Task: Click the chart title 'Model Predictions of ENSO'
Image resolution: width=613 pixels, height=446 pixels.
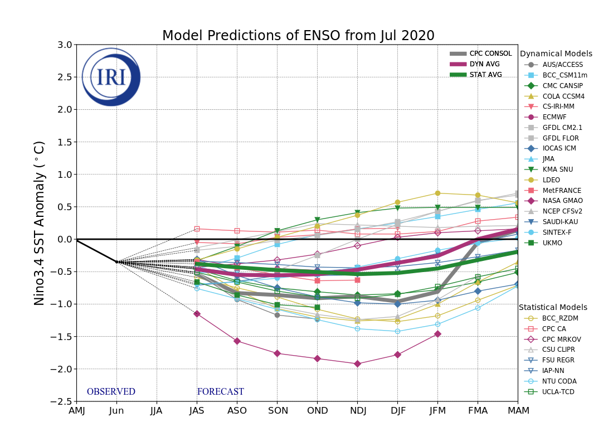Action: [x=298, y=36]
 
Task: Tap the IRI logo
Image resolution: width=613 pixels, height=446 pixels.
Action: [x=111, y=77]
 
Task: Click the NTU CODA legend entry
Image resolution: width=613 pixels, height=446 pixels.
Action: [x=559, y=381]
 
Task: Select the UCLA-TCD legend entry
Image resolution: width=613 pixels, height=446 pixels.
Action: [x=558, y=392]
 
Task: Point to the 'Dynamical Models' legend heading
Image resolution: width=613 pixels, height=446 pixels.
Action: [x=556, y=54]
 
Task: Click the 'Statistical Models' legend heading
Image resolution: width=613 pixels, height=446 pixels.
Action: [x=553, y=307]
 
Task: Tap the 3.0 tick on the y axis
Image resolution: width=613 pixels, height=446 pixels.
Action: [x=65, y=45]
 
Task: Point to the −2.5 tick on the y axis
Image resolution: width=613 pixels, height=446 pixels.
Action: [x=62, y=401]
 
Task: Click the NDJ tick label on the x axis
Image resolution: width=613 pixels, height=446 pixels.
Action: [x=357, y=411]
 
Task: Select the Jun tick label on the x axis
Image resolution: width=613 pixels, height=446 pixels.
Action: [x=116, y=411]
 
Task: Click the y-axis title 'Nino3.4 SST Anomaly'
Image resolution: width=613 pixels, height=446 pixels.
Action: [x=40, y=223]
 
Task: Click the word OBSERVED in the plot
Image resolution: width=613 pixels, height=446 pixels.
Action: [x=111, y=392]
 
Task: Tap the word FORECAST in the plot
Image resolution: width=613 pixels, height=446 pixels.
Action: [x=220, y=392]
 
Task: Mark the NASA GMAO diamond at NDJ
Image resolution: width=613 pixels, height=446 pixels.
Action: [x=357, y=363]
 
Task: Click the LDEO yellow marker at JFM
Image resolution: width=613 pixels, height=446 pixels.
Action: [x=437, y=193]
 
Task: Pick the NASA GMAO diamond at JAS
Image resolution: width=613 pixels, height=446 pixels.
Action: [x=197, y=314]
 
